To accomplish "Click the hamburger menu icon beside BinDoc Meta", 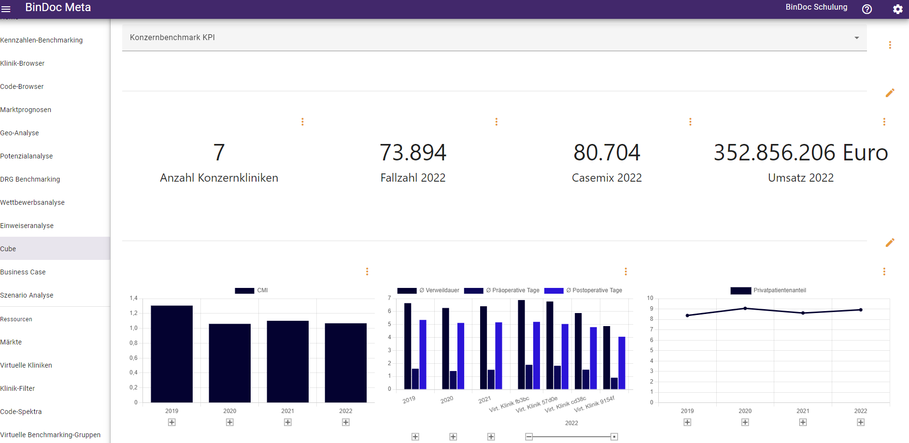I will coord(6,9).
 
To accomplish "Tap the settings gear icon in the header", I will coord(897,9).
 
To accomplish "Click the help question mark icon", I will coord(866,9).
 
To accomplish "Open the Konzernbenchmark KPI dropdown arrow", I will coord(856,38).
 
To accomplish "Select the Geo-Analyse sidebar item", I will coord(20,133).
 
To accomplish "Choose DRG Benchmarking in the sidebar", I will coord(30,179).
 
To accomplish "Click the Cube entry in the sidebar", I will coord(8,249).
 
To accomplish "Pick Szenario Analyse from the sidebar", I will coord(27,295).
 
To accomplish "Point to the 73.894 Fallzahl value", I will coord(413,153).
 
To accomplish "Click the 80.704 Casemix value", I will coord(607,153).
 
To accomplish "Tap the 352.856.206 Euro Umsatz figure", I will coord(800,153).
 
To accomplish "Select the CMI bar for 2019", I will coord(171,354).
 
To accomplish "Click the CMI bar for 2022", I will coord(345,362).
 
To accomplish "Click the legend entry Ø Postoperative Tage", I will coord(583,290).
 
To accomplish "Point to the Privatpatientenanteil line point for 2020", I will coord(745,308).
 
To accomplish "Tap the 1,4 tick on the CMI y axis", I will coord(133,298).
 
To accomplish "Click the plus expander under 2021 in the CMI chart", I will coord(288,422).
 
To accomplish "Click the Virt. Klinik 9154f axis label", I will coord(595,404).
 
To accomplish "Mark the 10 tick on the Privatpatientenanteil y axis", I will coord(650,298).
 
